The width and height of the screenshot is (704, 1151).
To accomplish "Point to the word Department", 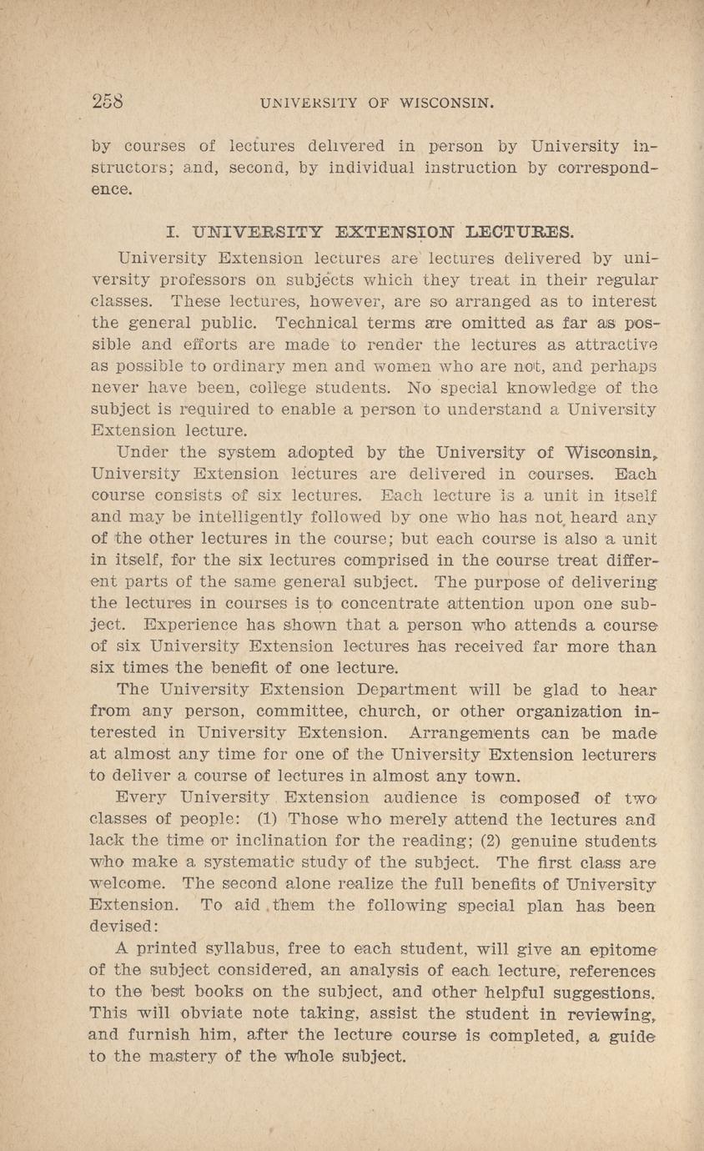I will (x=392, y=689).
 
